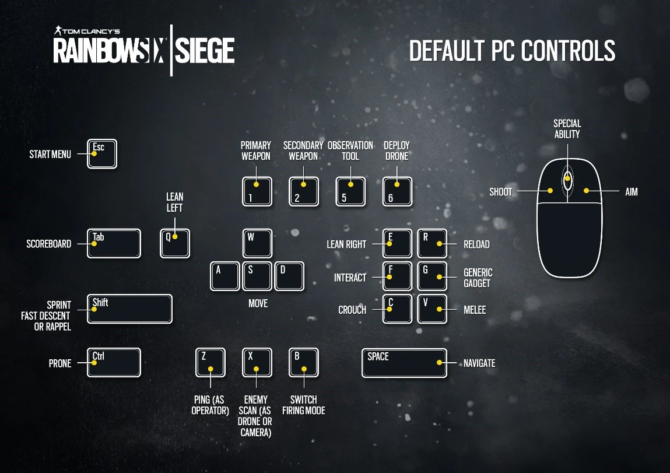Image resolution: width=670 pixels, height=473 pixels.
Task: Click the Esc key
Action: [x=101, y=154]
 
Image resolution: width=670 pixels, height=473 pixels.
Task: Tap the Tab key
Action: [x=114, y=244]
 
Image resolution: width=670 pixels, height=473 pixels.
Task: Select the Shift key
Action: [x=129, y=309]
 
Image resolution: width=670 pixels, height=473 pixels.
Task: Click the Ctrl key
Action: [x=114, y=363]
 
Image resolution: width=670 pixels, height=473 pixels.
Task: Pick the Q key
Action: [x=175, y=244]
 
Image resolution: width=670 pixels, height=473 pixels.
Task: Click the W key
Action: [x=257, y=244]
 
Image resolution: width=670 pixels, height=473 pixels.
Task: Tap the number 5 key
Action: [x=350, y=191]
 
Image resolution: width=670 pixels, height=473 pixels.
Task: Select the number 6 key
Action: [x=397, y=191]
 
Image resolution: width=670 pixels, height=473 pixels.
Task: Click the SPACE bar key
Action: [x=404, y=363]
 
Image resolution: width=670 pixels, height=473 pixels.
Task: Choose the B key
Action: [x=304, y=363]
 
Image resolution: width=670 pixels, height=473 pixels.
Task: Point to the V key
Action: [x=432, y=309]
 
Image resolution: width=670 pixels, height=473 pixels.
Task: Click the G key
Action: [x=432, y=276]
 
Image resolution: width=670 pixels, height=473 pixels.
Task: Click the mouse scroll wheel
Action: [x=567, y=179]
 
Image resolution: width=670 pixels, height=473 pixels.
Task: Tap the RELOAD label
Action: [x=476, y=244]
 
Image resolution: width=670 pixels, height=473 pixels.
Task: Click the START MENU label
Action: [x=50, y=154]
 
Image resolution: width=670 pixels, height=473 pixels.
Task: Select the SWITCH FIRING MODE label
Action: [x=304, y=405]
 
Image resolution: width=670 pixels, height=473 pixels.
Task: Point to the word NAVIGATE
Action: [x=479, y=363]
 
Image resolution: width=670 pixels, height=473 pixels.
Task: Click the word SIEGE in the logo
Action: [x=205, y=51]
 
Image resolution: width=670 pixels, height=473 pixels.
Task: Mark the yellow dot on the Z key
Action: [x=211, y=369]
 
